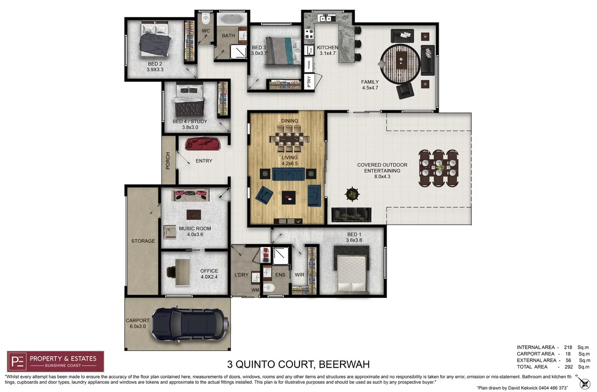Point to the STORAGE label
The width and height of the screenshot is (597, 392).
[143, 241]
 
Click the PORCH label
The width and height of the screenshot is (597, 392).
[168, 161]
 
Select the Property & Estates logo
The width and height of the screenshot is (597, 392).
[56, 361]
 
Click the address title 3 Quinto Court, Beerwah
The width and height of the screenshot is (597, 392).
[298, 364]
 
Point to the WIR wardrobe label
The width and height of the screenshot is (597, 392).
[299, 275]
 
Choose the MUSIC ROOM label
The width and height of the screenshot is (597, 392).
[195, 228]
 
